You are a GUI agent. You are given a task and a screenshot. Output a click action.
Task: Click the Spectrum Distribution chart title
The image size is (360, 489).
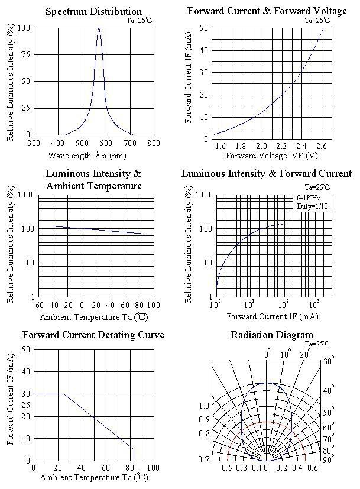tap(93, 11)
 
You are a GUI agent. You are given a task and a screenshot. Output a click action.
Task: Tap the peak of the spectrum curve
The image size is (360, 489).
tap(99, 28)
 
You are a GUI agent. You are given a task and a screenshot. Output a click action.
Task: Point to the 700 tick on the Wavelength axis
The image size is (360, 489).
tap(129, 143)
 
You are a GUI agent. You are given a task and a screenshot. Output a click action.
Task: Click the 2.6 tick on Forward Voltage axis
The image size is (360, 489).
tap(321, 146)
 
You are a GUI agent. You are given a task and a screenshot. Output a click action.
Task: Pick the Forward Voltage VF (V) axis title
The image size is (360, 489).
tap(271, 156)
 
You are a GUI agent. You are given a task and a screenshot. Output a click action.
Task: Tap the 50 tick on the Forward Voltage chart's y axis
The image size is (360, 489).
tap(203, 28)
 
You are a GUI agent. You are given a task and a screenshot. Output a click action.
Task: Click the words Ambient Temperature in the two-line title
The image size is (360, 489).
tap(93, 186)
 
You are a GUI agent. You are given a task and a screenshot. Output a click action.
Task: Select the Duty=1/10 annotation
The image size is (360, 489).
tap(312, 206)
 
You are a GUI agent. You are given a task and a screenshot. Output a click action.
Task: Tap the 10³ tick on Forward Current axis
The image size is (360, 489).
tap(314, 304)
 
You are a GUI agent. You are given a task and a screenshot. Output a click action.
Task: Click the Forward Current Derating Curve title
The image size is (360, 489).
tap(93, 335)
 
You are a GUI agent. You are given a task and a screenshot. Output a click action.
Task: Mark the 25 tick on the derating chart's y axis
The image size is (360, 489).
tap(26, 405)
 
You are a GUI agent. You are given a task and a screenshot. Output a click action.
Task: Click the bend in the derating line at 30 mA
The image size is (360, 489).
tap(64, 394)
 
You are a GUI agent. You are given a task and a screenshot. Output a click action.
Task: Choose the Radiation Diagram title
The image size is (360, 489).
tap(272, 335)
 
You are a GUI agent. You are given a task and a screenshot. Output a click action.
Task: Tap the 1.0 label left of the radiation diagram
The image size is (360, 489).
tap(204, 406)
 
